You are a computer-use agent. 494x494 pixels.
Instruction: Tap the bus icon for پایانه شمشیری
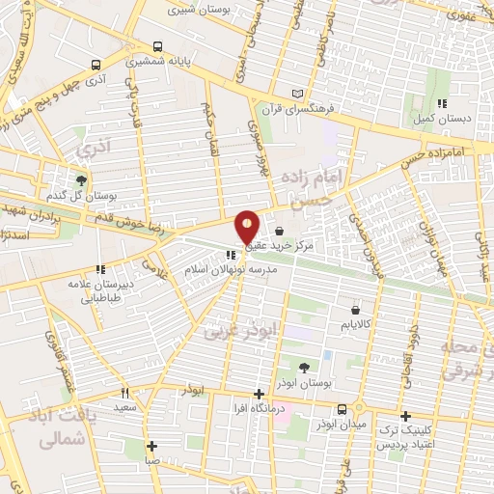[x=157, y=46]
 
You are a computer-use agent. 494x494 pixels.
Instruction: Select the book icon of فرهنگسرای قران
[x=297, y=94]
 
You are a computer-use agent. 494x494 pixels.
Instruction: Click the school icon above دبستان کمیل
[x=442, y=103]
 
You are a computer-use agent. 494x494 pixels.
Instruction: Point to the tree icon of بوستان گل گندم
[x=81, y=179]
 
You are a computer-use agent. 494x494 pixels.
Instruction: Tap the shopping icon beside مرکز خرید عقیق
[x=279, y=232]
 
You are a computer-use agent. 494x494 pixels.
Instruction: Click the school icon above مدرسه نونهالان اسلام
[x=230, y=256]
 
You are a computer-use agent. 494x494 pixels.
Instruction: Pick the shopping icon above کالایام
[x=357, y=312]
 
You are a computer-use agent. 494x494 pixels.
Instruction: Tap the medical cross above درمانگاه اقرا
[x=259, y=394]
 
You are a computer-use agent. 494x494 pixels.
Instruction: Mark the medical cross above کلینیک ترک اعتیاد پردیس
[x=405, y=415]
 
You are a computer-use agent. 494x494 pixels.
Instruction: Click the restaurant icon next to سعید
[x=124, y=394]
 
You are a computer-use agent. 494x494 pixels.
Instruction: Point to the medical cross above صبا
[x=151, y=446]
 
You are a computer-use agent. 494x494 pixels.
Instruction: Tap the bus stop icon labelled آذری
[x=96, y=66]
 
